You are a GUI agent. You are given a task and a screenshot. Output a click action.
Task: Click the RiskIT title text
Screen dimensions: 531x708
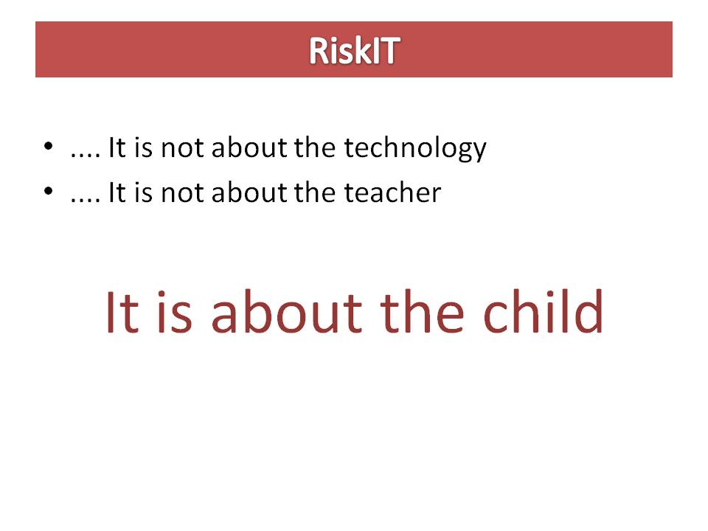pyautogui.click(x=354, y=50)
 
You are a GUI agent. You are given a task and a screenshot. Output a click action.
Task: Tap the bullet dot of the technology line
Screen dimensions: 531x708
pyautogui.click(x=49, y=146)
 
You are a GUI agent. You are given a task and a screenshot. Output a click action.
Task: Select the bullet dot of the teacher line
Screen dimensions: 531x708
pyautogui.click(x=49, y=191)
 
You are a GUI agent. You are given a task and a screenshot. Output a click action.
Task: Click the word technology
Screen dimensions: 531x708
pyautogui.click(x=415, y=149)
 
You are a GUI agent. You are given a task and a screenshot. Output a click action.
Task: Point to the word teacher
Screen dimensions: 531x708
pyautogui.click(x=392, y=193)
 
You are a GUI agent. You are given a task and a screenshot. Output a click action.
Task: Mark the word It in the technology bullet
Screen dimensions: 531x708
pyautogui.click(x=117, y=149)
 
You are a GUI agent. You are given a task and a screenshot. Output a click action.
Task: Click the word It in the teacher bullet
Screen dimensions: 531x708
pyautogui.click(x=117, y=193)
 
